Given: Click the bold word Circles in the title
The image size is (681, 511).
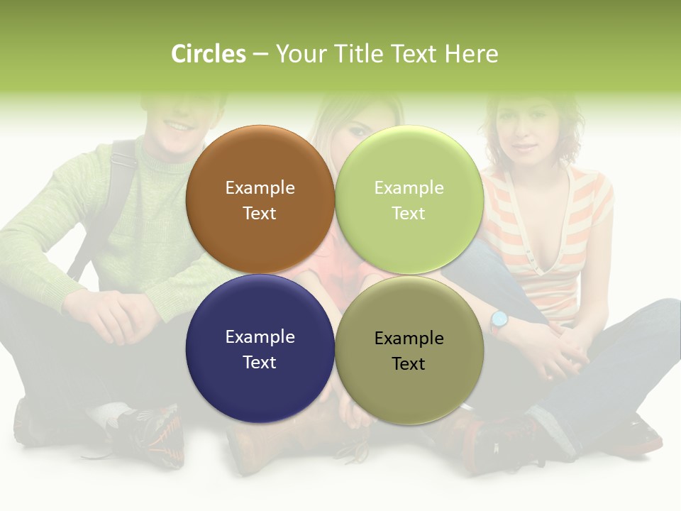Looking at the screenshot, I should (x=209, y=54).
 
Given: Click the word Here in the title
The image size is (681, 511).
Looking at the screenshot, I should (x=471, y=54).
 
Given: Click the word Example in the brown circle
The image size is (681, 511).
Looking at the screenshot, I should (x=260, y=188).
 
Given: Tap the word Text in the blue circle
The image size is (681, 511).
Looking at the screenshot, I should (x=260, y=362).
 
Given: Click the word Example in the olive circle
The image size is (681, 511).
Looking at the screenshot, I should (x=409, y=339).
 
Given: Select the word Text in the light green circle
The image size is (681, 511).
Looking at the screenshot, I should (x=409, y=213).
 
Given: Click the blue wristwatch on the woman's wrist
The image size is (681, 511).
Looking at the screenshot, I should (x=499, y=320).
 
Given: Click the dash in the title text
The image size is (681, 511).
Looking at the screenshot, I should (x=260, y=55).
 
